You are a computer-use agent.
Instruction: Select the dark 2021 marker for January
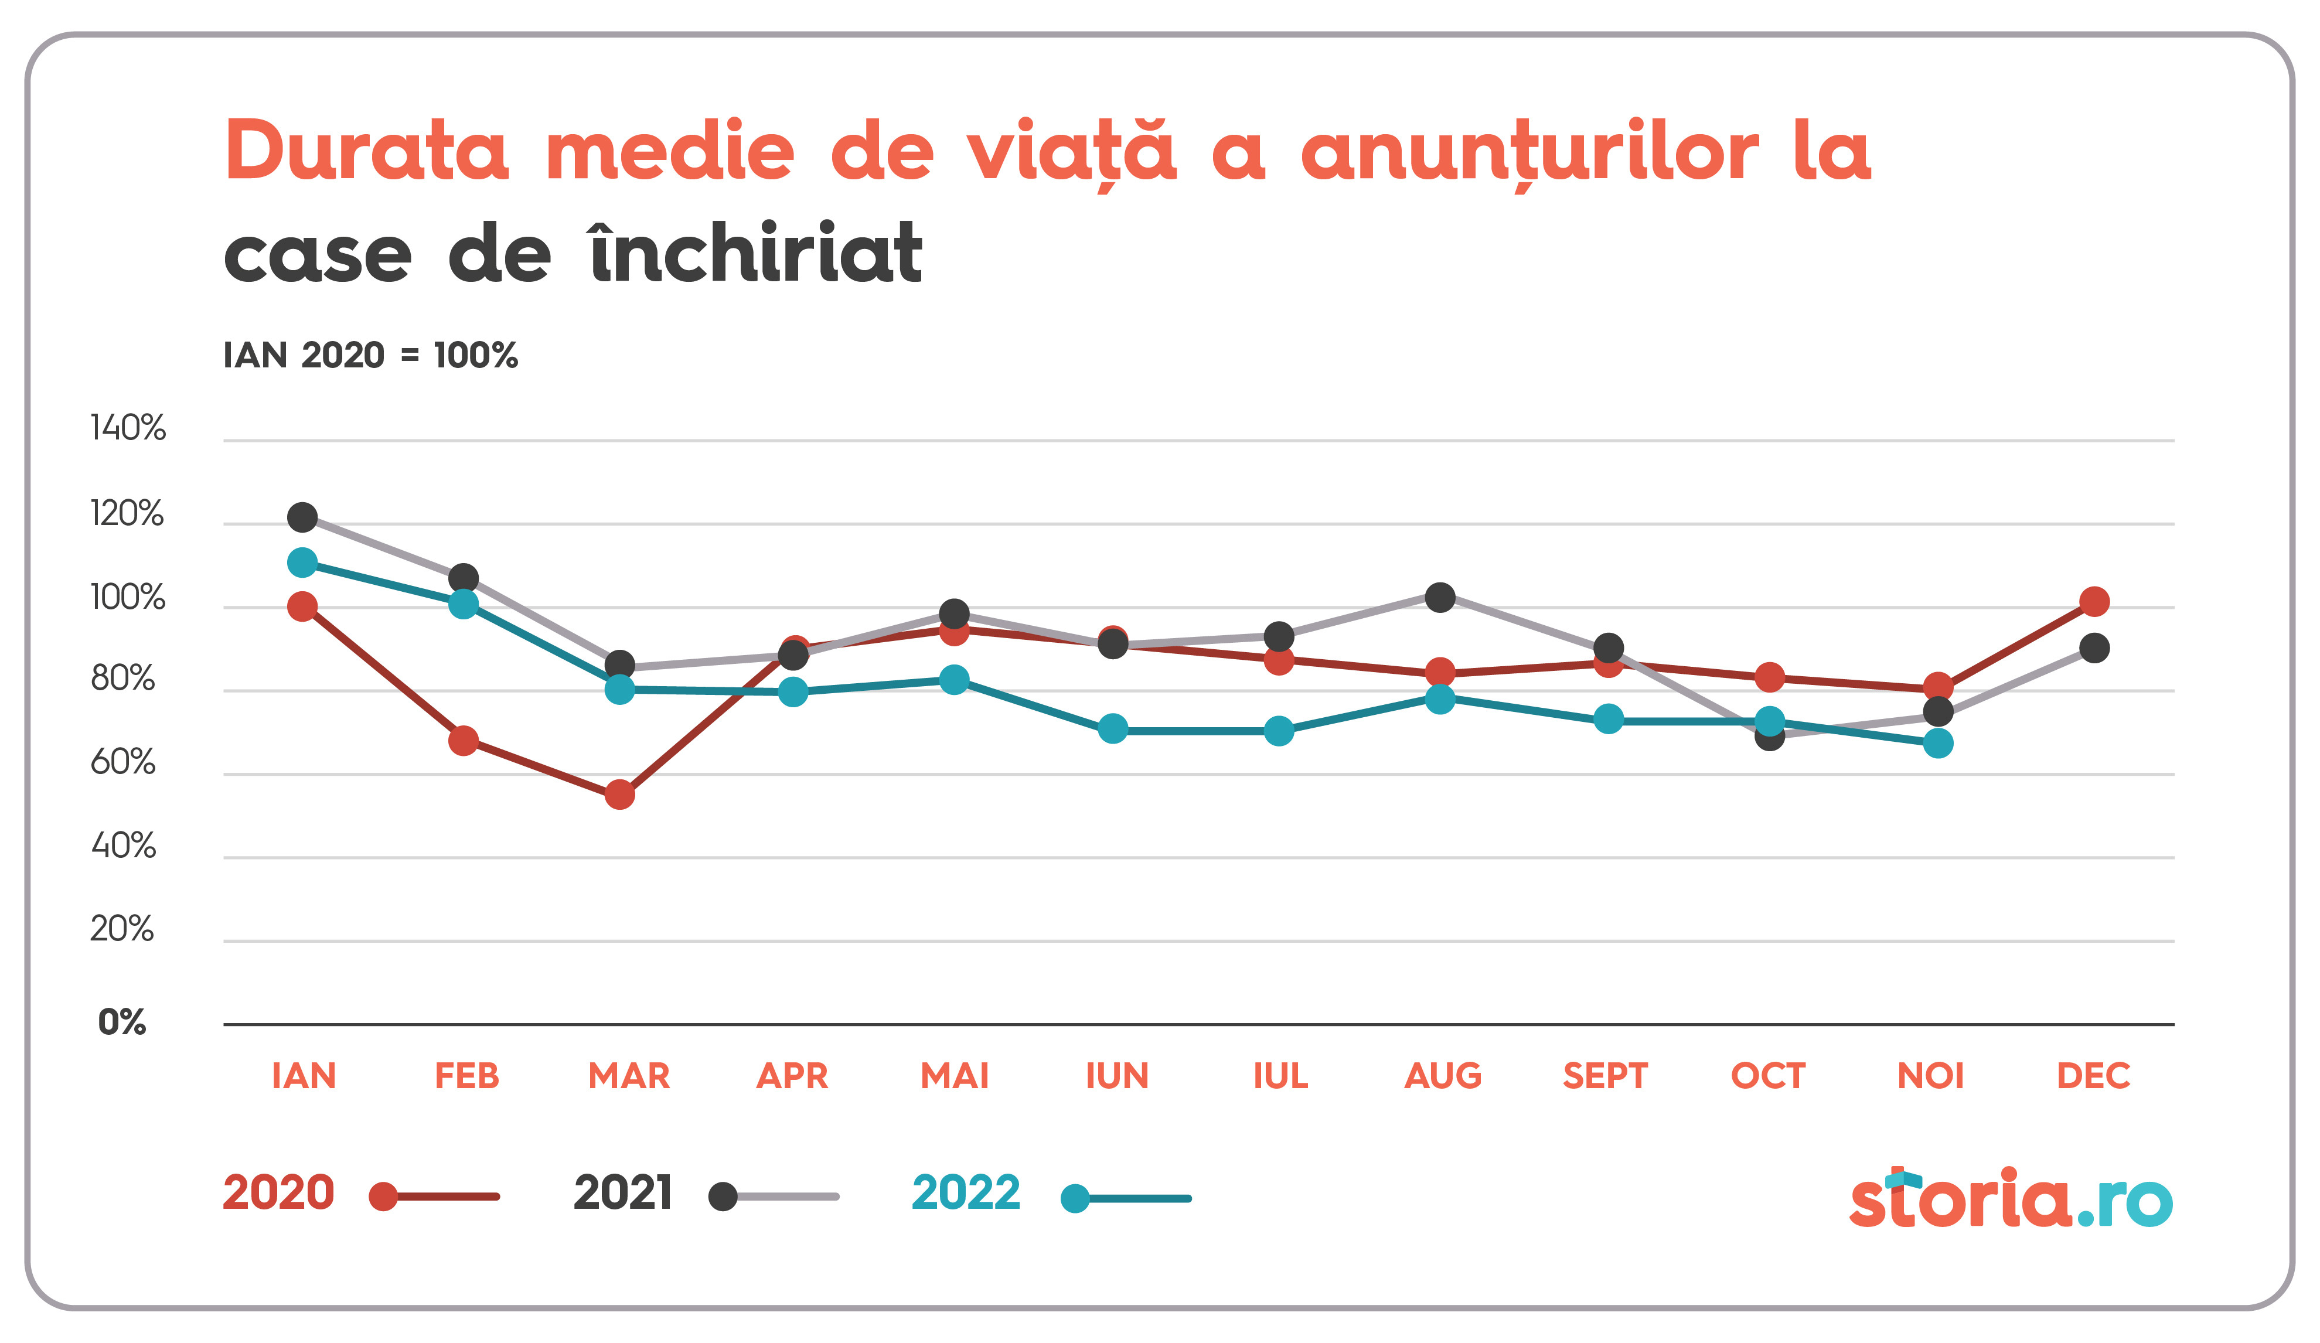click(302, 517)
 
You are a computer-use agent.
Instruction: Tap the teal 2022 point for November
click(1938, 743)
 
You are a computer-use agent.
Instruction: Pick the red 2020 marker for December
click(2094, 602)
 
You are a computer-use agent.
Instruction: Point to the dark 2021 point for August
click(1440, 598)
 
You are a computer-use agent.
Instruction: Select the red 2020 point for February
click(463, 740)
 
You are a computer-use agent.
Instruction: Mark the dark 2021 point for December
click(2094, 648)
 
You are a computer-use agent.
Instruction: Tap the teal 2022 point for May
click(954, 680)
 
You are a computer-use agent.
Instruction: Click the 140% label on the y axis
click(128, 428)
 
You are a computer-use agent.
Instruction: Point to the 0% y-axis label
click(122, 1022)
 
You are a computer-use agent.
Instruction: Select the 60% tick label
click(124, 762)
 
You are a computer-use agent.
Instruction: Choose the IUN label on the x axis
click(1117, 1076)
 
